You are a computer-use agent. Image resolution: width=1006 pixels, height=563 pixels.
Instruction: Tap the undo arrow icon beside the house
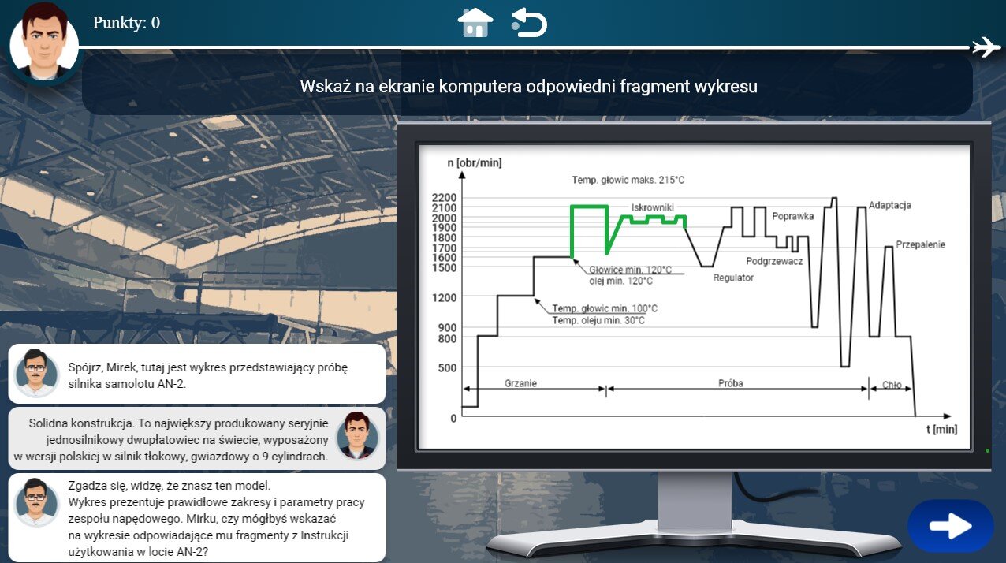point(529,22)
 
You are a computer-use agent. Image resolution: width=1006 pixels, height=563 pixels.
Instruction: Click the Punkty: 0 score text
point(126,22)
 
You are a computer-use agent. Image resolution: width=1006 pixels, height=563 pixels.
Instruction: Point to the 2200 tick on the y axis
point(444,198)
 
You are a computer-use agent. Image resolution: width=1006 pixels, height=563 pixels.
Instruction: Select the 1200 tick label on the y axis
point(444,297)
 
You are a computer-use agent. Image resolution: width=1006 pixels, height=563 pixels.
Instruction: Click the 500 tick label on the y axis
point(447,368)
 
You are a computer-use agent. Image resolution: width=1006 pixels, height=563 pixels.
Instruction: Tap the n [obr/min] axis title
point(475,162)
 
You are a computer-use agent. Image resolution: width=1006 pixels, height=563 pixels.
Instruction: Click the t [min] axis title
point(941,429)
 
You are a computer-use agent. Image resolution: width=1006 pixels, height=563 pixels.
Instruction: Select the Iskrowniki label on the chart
point(653,207)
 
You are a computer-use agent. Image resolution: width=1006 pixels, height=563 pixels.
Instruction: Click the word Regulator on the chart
point(733,278)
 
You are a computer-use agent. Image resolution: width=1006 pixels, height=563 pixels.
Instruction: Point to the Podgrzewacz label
point(774,261)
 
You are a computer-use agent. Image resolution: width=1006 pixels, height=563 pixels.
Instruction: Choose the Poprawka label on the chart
point(792,216)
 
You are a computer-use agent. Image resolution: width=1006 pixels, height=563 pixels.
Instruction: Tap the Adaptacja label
point(889,205)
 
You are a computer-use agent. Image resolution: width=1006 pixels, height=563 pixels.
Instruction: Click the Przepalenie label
point(920,244)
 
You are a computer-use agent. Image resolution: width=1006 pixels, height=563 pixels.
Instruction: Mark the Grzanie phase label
point(520,383)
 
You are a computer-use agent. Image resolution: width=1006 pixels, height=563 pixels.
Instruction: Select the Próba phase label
point(731,383)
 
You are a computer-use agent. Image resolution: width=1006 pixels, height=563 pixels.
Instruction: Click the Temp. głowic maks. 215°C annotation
point(628,181)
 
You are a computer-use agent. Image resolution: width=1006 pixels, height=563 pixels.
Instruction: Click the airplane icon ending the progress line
point(987,47)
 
